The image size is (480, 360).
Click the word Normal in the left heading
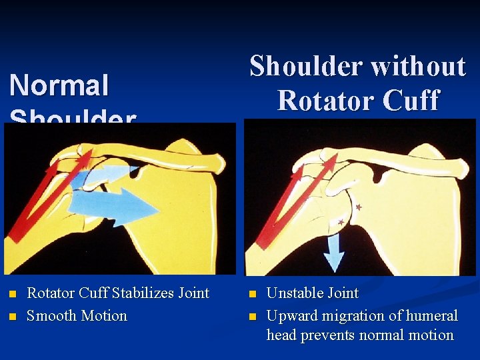point(59,86)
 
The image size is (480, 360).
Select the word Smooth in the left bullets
point(49,315)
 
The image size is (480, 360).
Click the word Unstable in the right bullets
point(294,293)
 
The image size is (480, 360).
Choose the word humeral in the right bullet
point(427,315)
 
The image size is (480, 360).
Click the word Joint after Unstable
point(343,293)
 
